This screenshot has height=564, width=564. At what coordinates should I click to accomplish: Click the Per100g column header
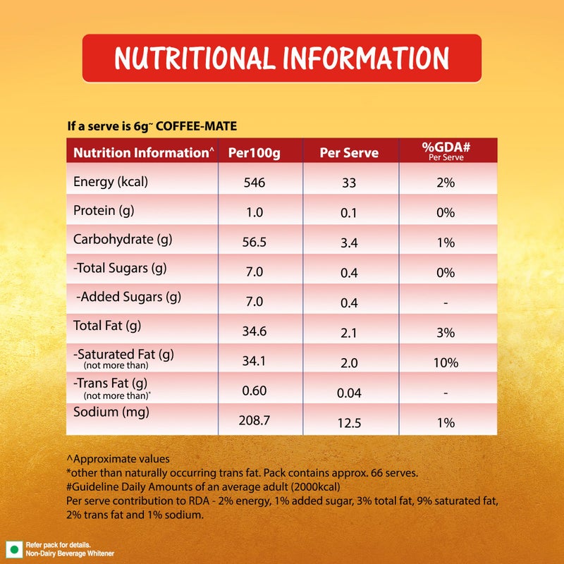(x=254, y=153)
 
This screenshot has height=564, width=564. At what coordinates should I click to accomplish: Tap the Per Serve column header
(x=349, y=153)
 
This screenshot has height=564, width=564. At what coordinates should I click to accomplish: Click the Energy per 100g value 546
(x=255, y=183)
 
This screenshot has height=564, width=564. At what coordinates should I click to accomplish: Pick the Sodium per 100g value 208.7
(x=255, y=420)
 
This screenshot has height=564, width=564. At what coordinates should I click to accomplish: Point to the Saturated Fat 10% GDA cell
(x=446, y=362)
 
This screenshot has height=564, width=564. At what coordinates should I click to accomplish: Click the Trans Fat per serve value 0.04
(x=349, y=393)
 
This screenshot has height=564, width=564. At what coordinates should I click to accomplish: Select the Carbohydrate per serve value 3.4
(x=349, y=243)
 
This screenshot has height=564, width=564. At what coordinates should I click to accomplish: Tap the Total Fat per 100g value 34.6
(x=255, y=331)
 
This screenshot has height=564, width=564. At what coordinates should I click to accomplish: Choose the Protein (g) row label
(x=104, y=211)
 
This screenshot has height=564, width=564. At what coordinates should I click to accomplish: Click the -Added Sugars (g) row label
(x=128, y=297)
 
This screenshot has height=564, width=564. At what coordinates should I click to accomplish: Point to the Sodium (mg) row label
(x=111, y=412)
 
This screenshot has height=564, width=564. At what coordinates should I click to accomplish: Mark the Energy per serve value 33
(x=349, y=183)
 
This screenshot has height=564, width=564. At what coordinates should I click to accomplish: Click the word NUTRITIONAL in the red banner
(x=192, y=59)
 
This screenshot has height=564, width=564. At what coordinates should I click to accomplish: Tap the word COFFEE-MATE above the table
(x=197, y=126)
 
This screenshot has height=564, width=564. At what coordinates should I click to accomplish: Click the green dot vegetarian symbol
(x=14, y=550)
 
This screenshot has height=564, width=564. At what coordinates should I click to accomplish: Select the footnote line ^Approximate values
(x=118, y=459)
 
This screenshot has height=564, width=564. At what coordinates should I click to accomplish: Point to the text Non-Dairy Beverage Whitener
(x=70, y=553)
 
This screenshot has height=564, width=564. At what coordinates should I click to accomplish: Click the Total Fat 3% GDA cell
(x=446, y=333)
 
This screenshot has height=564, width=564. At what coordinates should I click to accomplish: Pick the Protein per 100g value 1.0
(x=255, y=213)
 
